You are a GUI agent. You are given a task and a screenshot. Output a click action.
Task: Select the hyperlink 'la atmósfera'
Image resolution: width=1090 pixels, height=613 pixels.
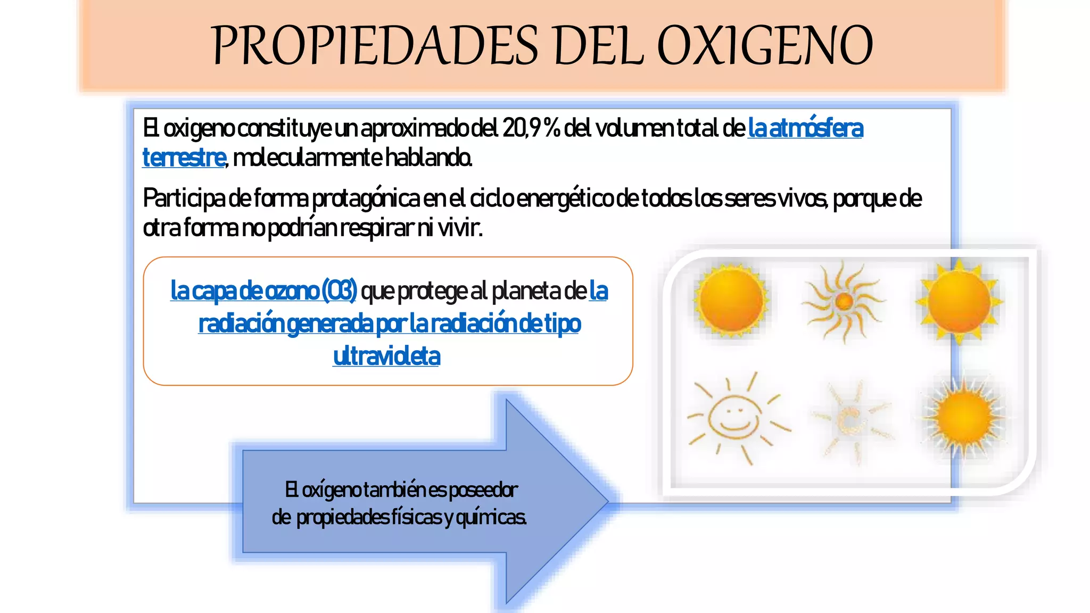click(805, 128)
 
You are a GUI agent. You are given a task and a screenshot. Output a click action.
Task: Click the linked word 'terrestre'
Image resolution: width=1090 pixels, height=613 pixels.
click(184, 158)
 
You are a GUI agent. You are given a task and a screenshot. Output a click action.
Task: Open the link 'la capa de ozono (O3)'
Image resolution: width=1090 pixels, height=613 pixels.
click(263, 291)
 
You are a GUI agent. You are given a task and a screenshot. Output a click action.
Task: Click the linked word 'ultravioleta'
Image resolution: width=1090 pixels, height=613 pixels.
click(387, 356)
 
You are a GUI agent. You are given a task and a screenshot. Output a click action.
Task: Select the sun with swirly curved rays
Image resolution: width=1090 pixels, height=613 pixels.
click(844, 301)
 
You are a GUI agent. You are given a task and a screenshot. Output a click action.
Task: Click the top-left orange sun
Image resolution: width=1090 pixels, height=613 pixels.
click(731, 301)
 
